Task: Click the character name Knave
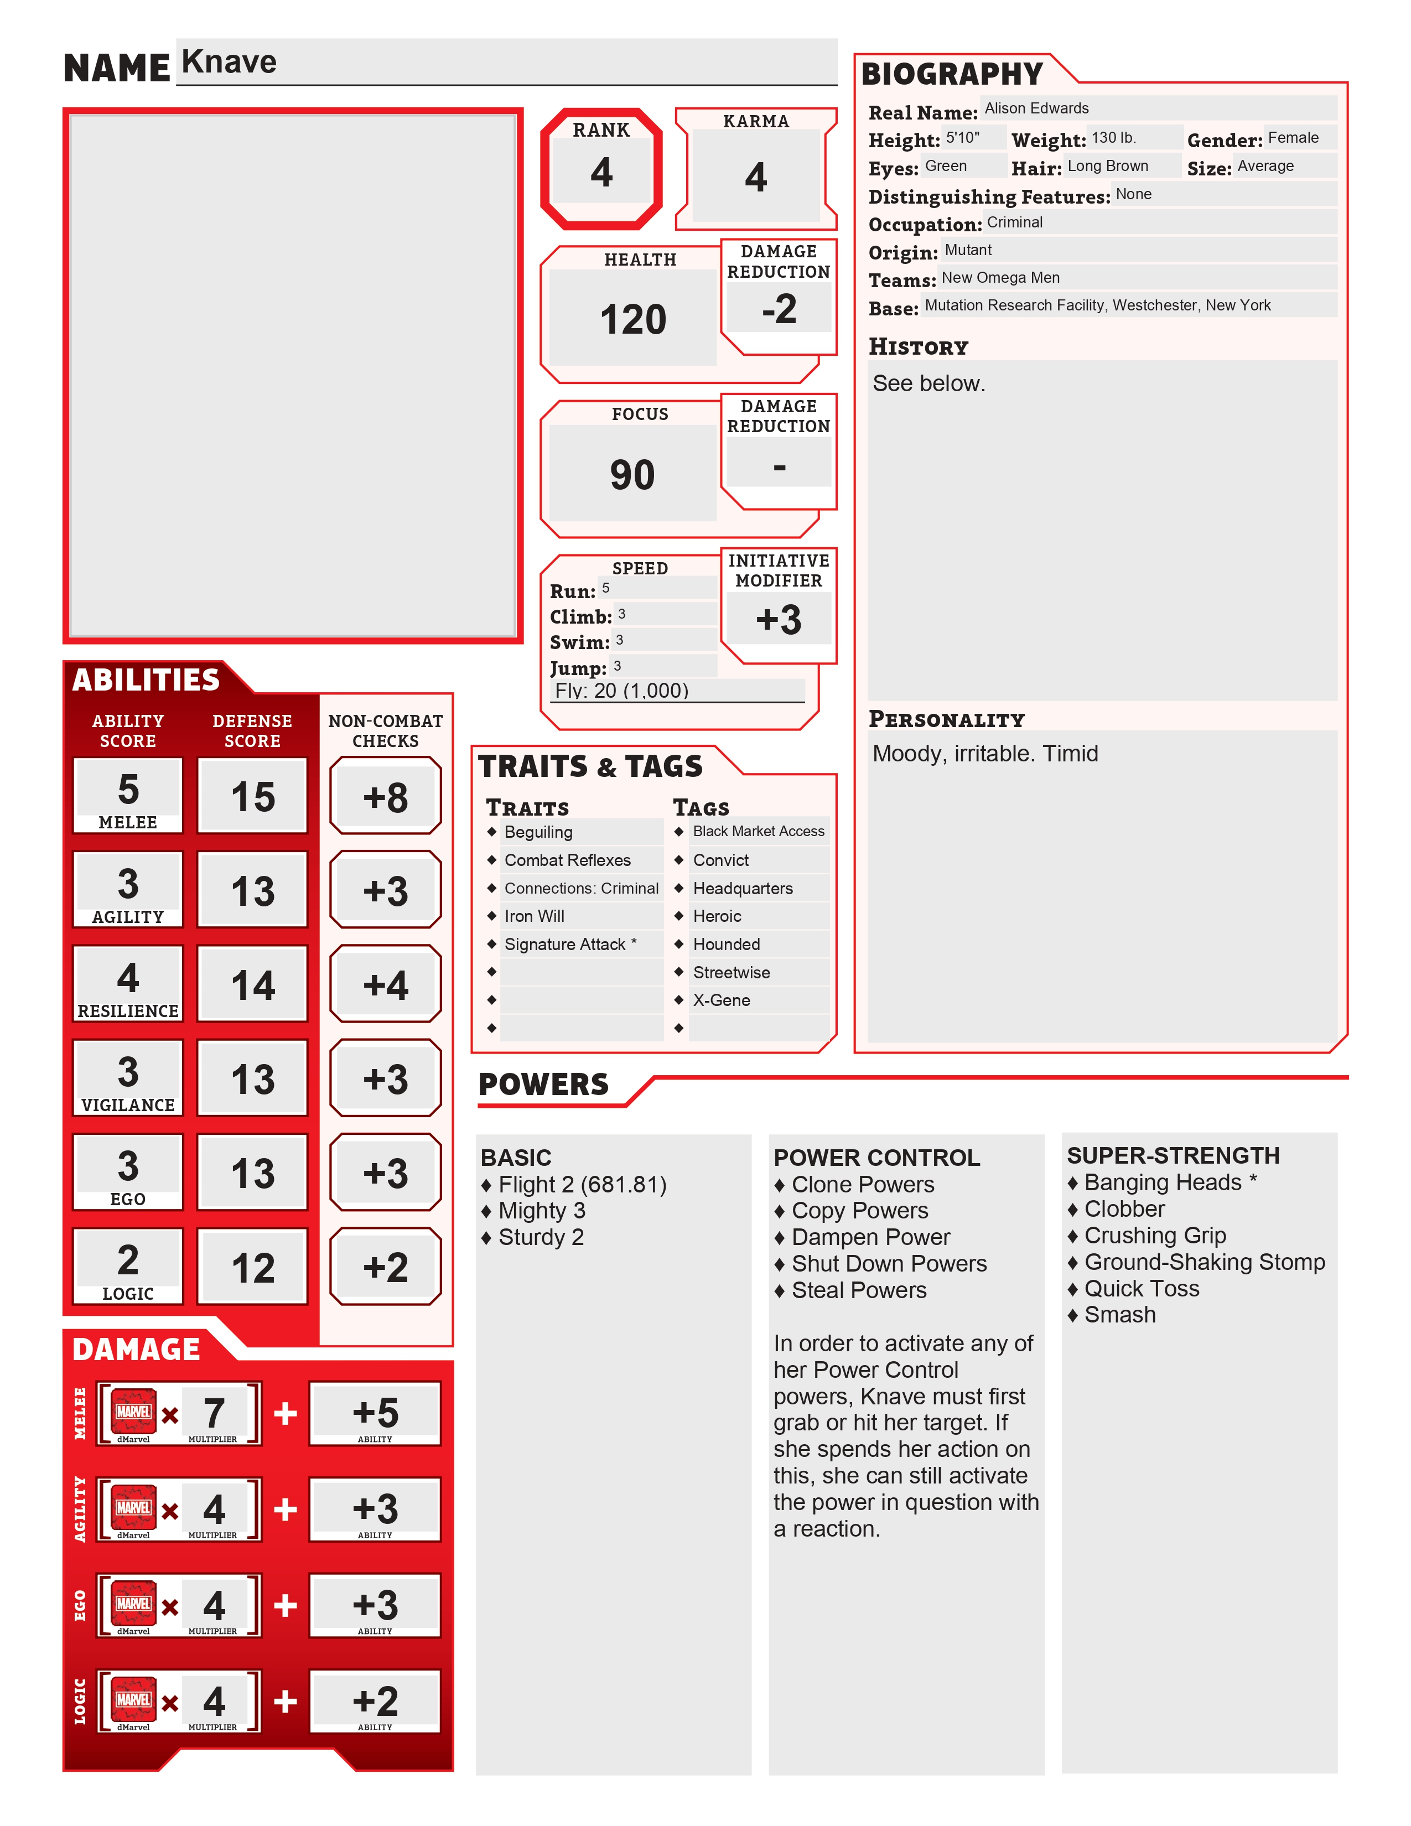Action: coord(229,62)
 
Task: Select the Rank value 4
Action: coord(601,172)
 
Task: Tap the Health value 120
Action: coord(633,319)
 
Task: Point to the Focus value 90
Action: coord(632,475)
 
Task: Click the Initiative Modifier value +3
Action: coord(778,620)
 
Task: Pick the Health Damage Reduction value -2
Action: coord(778,309)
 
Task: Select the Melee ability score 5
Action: coord(128,789)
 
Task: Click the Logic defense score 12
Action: coord(252,1268)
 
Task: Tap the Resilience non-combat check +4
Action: coord(385,985)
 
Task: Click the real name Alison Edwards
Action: coord(1036,108)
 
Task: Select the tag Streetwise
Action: coord(732,972)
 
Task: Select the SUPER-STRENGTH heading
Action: coord(1173,1155)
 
